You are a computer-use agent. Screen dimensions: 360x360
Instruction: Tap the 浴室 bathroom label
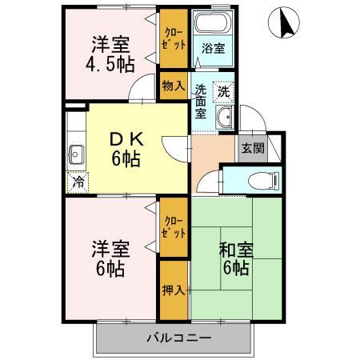pos(213,48)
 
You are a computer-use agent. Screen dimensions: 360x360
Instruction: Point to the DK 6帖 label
pos(125,149)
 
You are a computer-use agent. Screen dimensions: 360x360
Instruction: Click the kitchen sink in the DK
pos(78,152)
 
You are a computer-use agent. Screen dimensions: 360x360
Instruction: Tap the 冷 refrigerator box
pos(77,182)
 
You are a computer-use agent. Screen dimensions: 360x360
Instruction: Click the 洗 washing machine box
pos(224,90)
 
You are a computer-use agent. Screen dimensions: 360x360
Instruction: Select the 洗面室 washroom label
pos(201,102)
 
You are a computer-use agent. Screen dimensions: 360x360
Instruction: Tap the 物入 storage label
pos(173,84)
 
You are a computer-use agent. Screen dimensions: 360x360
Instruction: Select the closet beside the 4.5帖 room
pos(173,40)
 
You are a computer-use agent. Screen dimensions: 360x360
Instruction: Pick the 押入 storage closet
pos(173,289)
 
